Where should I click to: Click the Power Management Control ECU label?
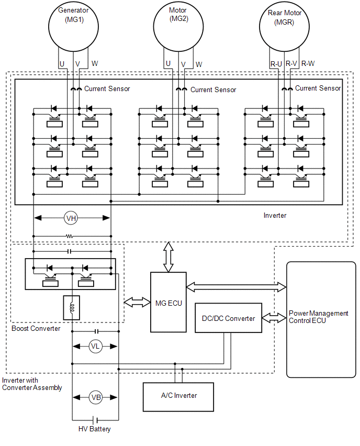coord(319,317)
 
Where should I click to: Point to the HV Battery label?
coord(94,429)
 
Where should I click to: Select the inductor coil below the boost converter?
coord(72,308)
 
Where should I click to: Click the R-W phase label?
coord(308,63)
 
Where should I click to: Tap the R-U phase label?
coord(276,64)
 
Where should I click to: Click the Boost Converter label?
coord(36,329)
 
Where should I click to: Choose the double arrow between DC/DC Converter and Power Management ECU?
coord(274,318)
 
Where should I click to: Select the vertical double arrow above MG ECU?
coord(168,257)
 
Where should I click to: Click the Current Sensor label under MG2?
coord(213,90)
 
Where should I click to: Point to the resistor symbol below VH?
coord(70,236)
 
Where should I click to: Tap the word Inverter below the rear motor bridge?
coord(275,215)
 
